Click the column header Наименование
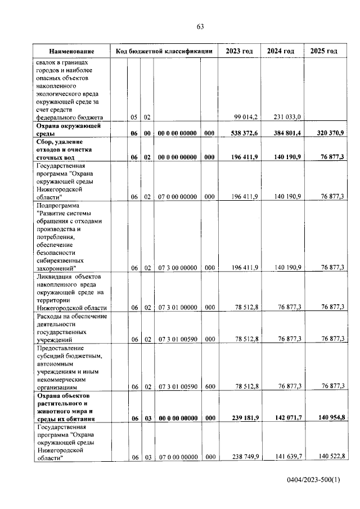coord(71,51)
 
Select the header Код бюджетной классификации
coord(164,51)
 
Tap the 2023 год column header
coord(239,51)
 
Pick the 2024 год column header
coord(281,51)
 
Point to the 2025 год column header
coord(324,51)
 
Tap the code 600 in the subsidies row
coord(209,386)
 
